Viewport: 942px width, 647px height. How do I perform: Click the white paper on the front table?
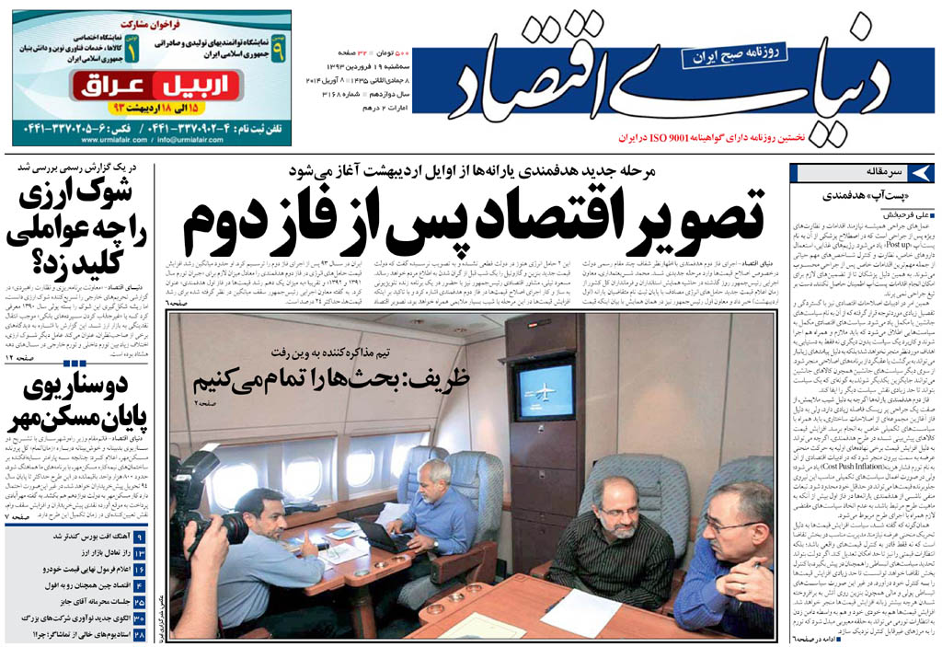[x=580, y=612]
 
